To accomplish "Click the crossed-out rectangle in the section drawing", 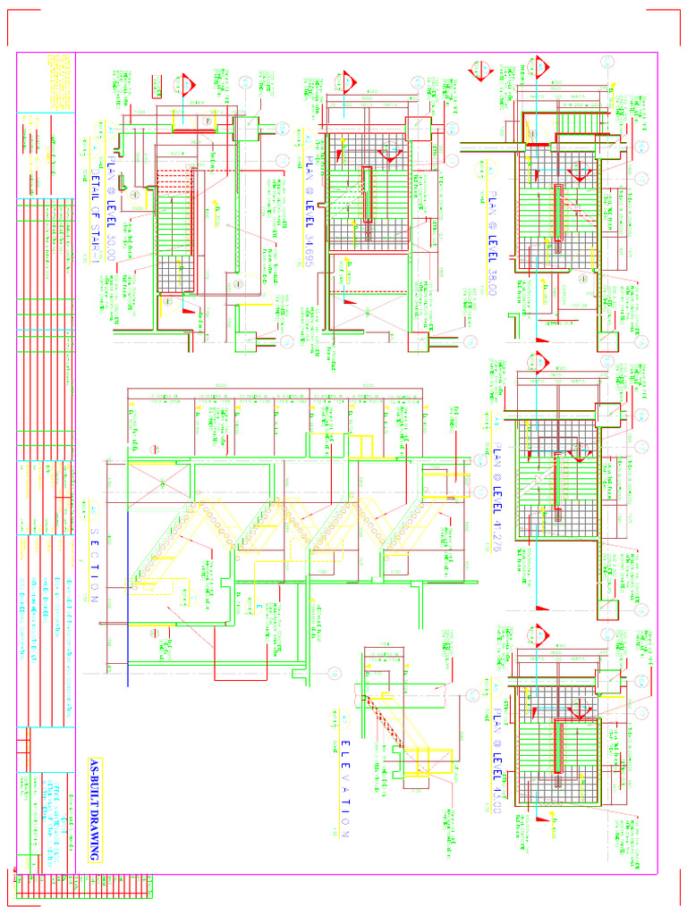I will tap(161, 483).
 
